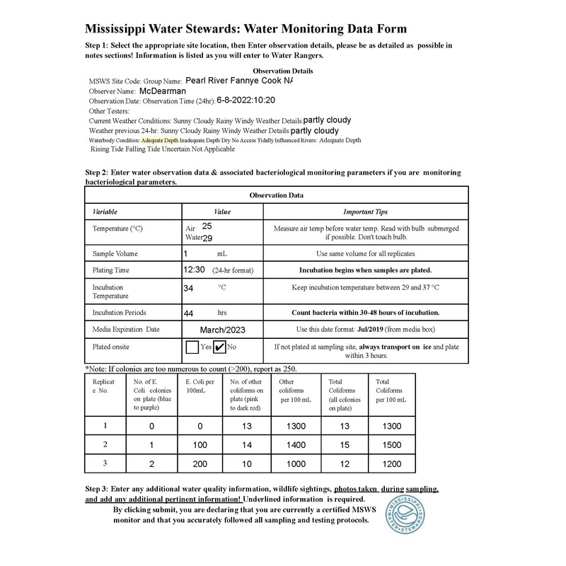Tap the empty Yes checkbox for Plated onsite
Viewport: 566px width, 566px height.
[x=192, y=347]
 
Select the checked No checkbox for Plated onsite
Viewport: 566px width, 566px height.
[x=220, y=347]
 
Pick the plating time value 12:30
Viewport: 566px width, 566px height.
[x=194, y=270]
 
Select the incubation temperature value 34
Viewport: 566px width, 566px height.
[x=188, y=288]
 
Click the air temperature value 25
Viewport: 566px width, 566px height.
[x=207, y=226]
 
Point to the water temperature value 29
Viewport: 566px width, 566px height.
[x=207, y=238]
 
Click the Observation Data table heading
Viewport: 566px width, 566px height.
[x=276, y=195]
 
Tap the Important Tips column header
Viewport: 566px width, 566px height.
[x=365, y=212]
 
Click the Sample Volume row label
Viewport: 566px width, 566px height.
[x=115, y=253]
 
